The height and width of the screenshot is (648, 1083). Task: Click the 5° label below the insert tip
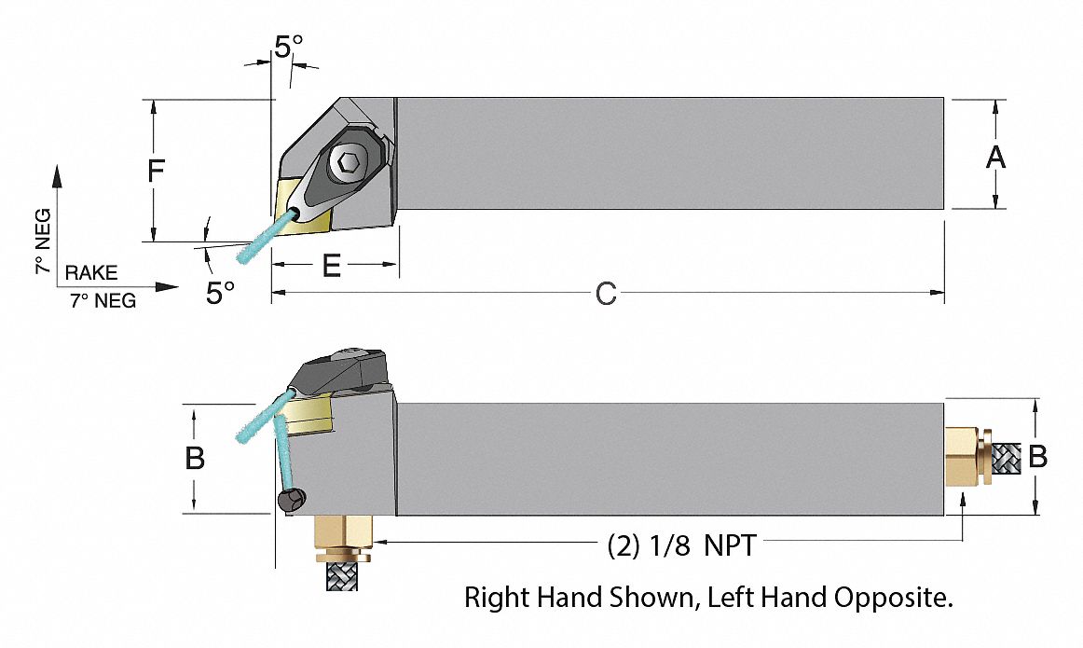[x=220, y=294]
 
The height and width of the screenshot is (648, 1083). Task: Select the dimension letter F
[x=157, y=171]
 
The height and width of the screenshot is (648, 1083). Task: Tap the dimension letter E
[x=331, y=267]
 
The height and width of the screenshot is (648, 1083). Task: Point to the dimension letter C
[x=606, y=295]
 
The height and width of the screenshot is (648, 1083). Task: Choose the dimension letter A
[x=996, y=158]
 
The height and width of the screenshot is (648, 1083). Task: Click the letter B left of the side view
[x=195, y=459]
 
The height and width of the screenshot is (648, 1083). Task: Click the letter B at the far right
[x=1037, y=457]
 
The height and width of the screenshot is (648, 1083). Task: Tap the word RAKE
[x=91, y=272]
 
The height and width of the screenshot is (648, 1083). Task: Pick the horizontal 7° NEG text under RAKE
[x=103, y=300]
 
